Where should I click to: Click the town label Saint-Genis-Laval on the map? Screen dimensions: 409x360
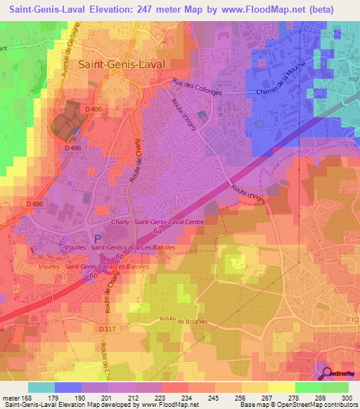click(124, 63)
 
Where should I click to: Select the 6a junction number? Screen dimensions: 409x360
click(158, 231)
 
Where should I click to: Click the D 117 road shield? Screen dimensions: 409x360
click(108, 328)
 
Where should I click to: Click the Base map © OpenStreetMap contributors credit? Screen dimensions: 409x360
click(297, 405)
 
